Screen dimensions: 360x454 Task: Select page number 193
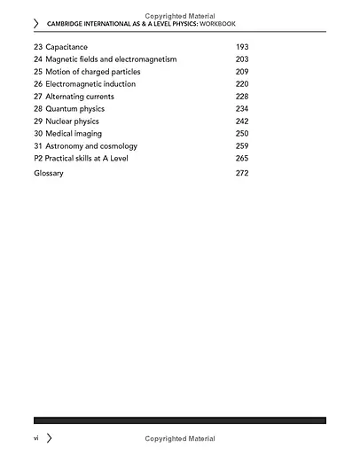point(242,45)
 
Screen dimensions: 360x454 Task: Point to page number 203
point(242,59)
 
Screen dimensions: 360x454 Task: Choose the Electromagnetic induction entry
point(90,83)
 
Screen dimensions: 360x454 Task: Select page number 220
point(242,83)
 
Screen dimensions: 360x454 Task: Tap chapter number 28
point(38,109)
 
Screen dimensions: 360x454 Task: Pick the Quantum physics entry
point(75,109)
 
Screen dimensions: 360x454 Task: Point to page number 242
point(242,121)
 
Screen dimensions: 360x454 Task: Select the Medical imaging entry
point(74,134)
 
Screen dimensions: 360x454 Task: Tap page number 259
point(242,146)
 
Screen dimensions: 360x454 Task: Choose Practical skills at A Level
point(92,159)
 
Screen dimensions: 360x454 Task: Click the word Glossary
point(49,173)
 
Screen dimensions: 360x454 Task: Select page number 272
point(242,173)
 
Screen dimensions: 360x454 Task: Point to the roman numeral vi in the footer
point(36,438)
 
